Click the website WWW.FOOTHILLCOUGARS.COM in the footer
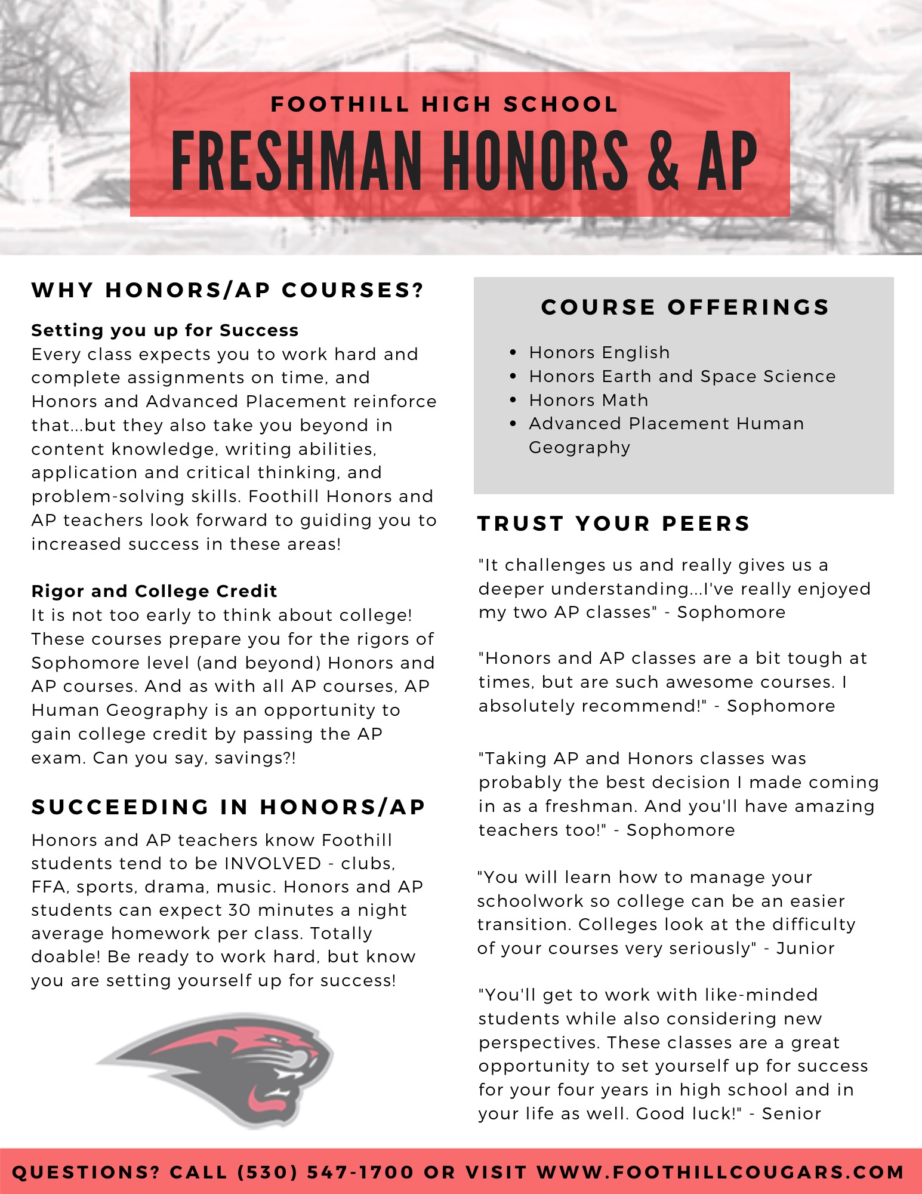[x=720, y=1172]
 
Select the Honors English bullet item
[x=599, y=353]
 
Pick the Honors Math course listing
[x=588, y=400]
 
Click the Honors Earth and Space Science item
[x=682, y=377]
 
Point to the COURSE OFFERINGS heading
[x=685, y=307]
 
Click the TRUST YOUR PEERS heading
[x=613, y=524]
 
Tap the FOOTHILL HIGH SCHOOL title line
[x=444, y=104]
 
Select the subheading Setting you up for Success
[x=165, y=330]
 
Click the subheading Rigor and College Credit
[x=154, y=591]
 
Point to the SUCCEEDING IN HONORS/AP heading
[x=228, y=807]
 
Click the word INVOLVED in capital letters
[x=273, y=863]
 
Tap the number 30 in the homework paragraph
[x=239, y=910]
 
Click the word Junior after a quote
[x=805, y=948]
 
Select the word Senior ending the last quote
[x=791, y=1113]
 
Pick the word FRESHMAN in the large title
[x=297, y=161]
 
